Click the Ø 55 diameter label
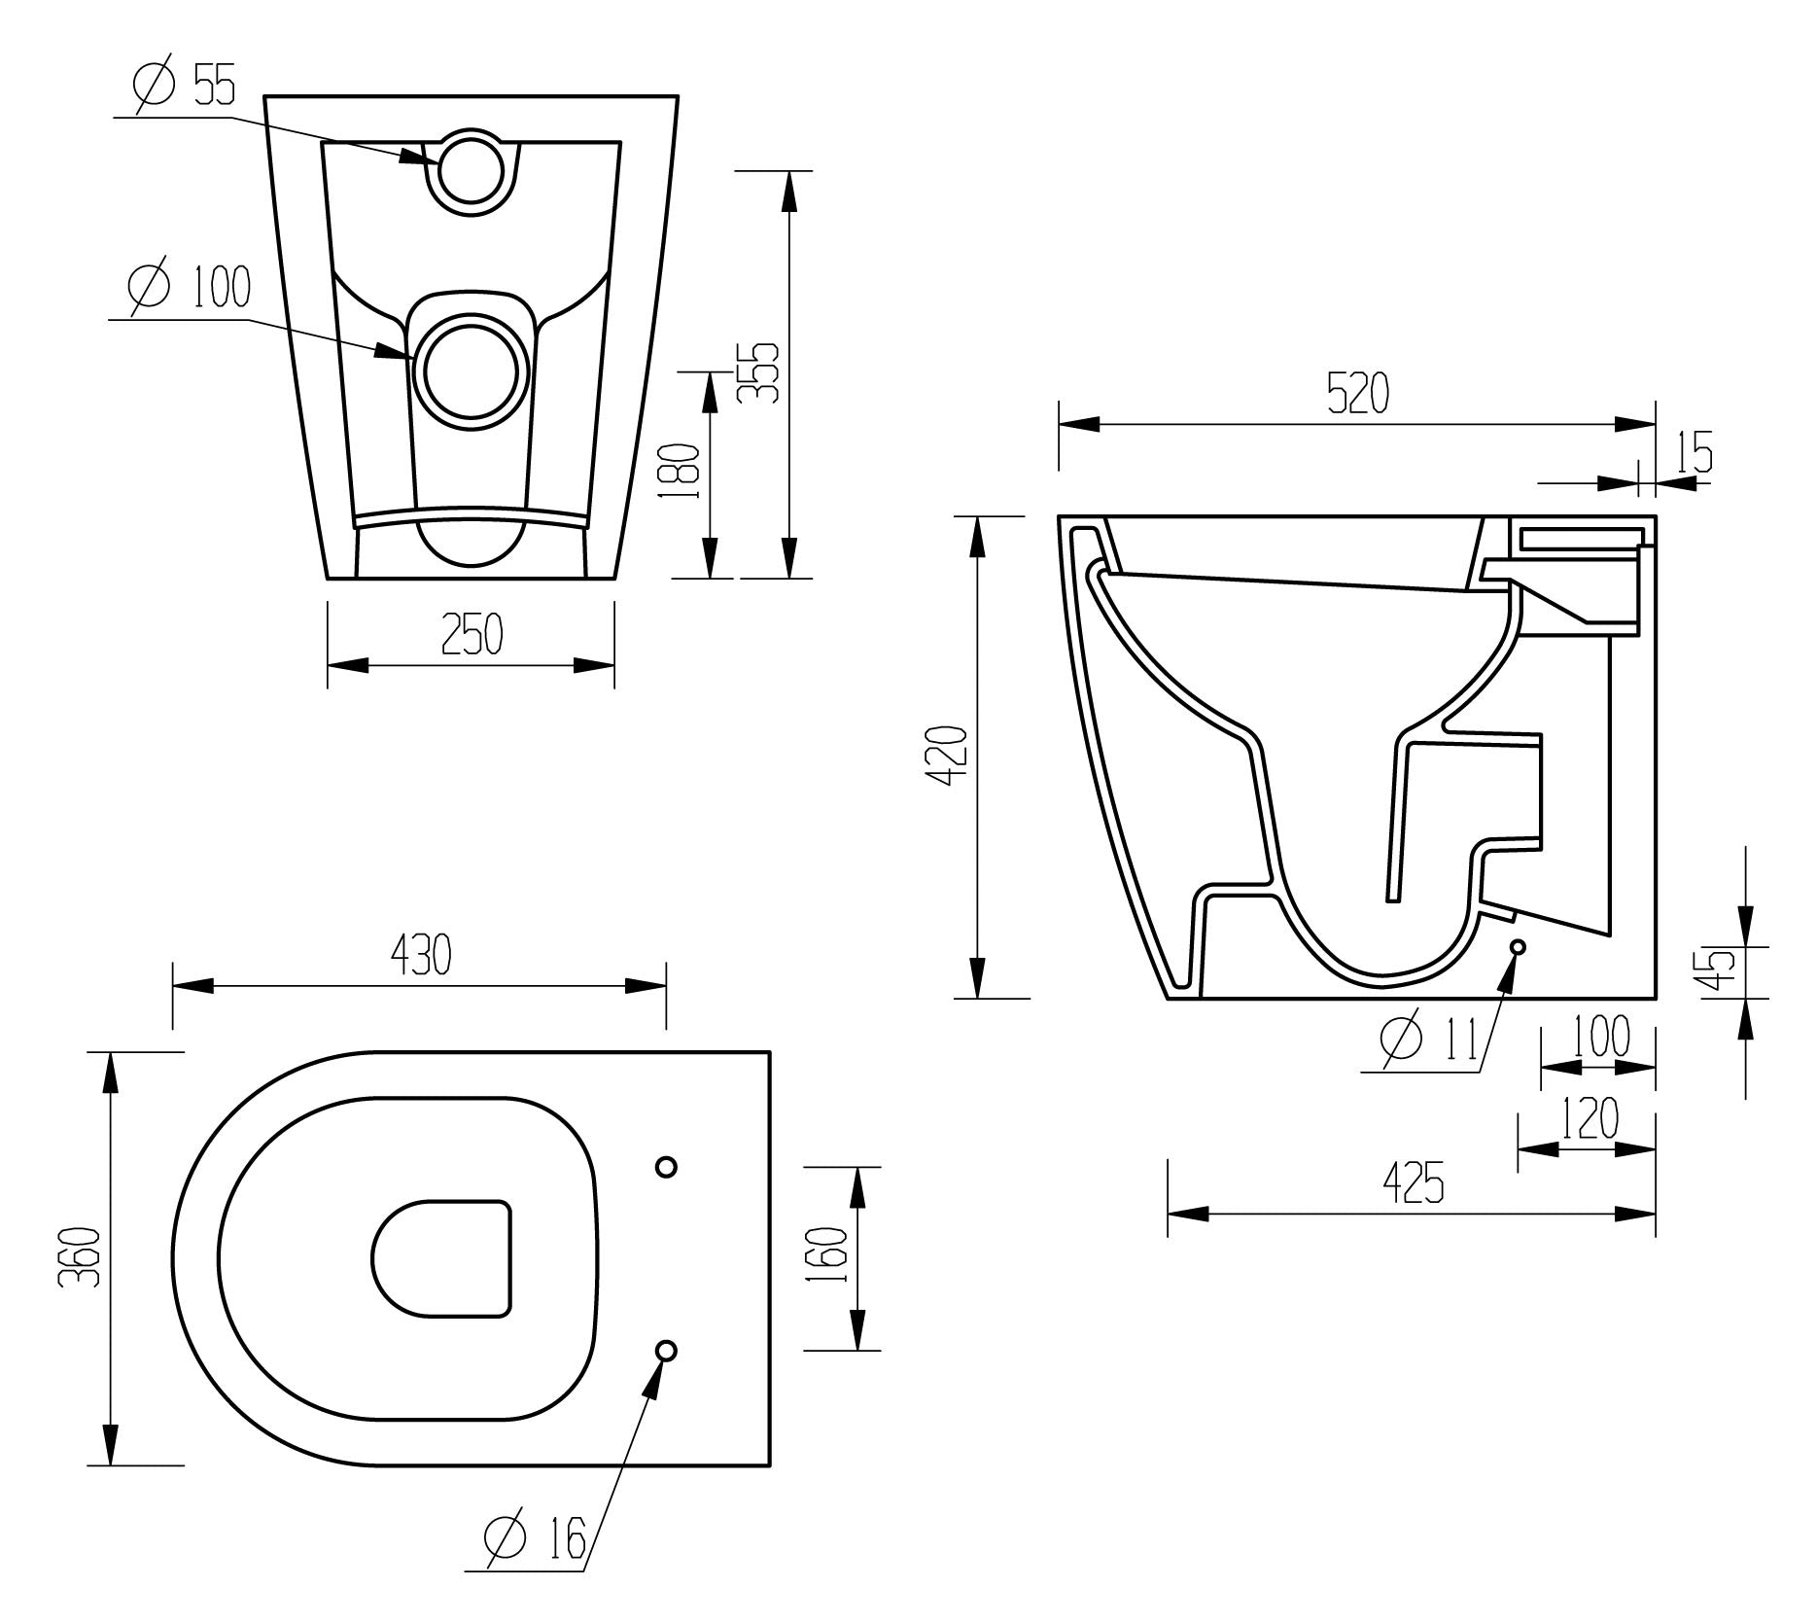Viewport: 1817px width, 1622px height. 185,86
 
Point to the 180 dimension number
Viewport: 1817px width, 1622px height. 679,472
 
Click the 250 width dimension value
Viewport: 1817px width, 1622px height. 472,634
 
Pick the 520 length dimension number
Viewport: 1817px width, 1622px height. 1358,393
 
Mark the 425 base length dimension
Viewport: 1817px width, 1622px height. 1413,1182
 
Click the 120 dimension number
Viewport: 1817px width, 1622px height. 1590,1118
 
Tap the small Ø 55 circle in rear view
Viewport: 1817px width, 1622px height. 472,170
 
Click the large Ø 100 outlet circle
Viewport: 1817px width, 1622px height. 472,370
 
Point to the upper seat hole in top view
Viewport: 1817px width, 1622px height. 666,1166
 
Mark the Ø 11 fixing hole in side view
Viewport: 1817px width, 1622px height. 1518,947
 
